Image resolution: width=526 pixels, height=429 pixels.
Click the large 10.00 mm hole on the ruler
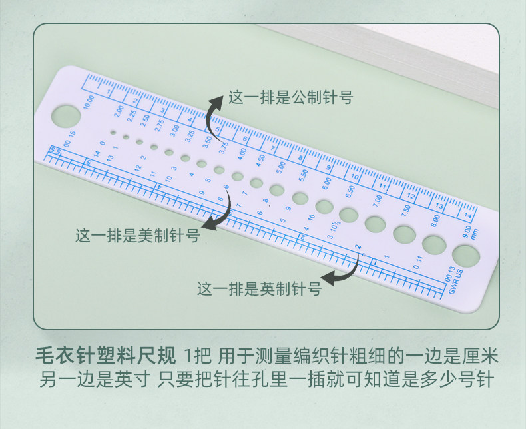click(66, 115)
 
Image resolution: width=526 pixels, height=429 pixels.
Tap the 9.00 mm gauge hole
click(465, 255)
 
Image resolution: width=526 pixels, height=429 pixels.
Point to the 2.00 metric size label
click(119, 111)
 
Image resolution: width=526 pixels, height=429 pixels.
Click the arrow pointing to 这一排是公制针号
click(214, 117)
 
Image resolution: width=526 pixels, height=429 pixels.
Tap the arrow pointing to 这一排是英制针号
click(342, 272)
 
